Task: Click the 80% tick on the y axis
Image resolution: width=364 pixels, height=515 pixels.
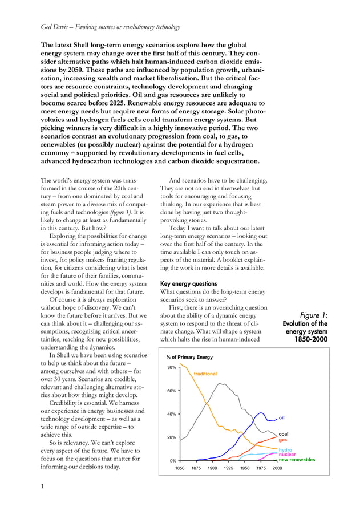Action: [x=171, y=368]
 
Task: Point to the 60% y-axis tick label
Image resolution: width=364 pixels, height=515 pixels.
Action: [x=171, y=391]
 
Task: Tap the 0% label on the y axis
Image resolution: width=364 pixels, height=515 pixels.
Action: [x=172, y=460]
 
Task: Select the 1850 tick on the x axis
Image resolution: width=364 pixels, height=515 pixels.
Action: [x=180, y=468]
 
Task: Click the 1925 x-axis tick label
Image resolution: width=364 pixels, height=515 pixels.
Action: [x=229, y=468]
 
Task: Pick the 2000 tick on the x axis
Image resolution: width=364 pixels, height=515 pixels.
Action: [x=277, y=468]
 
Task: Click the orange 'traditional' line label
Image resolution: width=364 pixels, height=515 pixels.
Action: [x=205, y=374]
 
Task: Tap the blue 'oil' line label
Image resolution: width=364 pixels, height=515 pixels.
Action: [x=282, y=417]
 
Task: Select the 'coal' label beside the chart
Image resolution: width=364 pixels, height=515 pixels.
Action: [x=284, y=434]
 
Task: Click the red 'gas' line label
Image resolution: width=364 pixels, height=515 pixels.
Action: [x=282, y=440]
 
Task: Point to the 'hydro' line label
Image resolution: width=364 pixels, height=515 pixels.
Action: [x=285, y=450]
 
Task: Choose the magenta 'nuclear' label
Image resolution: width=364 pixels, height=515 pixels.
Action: [x=287, y=455]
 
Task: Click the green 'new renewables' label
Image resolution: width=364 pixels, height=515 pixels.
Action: [x=297, y=460]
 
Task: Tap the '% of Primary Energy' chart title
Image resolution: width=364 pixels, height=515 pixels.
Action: [x=189, y=357]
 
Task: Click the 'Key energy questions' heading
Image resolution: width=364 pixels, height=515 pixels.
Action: [x=188, y=283]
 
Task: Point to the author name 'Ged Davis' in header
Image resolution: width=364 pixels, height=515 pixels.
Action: [x=58, y=27]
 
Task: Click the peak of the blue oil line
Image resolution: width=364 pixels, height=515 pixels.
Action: [x=261, y=413]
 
